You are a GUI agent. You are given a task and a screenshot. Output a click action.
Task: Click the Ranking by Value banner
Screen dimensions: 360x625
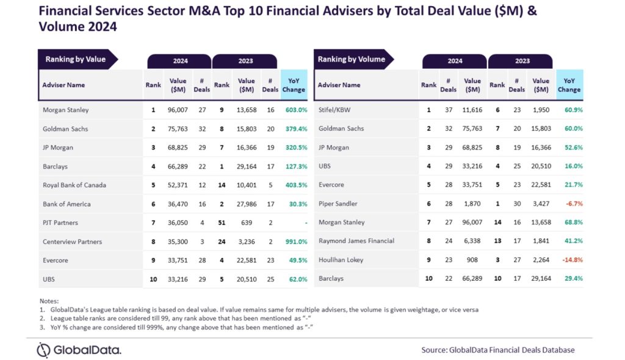(76, 59)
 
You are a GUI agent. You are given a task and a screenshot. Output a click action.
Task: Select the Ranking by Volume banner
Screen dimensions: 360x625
(352, 59)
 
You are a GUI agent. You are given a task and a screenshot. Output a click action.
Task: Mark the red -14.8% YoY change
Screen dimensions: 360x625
(569, 259)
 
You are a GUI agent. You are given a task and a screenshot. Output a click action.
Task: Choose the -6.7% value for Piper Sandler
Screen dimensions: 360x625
(570, 203)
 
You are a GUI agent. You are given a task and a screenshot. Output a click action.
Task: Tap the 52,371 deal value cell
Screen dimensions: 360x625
(178, 185)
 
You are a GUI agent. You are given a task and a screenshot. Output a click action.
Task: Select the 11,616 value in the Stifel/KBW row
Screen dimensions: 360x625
(472, 110)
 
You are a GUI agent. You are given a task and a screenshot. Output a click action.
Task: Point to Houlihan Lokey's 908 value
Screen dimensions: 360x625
(473, 259)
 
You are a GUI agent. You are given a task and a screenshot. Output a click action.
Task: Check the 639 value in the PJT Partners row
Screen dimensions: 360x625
(247, 223)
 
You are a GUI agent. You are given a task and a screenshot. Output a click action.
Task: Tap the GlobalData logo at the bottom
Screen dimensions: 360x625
(79, 350)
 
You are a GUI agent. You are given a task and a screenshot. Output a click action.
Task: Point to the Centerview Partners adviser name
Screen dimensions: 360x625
(72, 242)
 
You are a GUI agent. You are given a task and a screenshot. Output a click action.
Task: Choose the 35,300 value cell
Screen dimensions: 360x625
(178, 242)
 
